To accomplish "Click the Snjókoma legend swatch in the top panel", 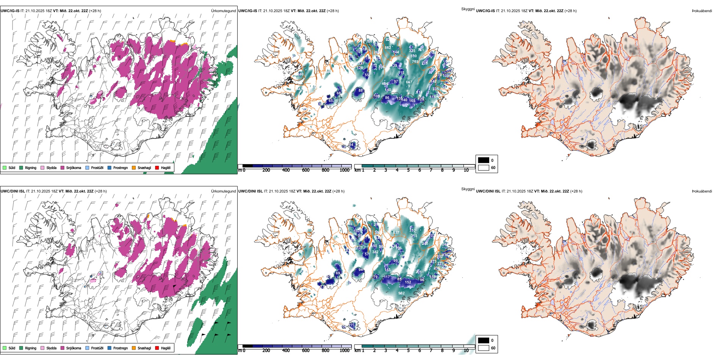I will (63, 167).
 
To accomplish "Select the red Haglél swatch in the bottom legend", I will (157, 348).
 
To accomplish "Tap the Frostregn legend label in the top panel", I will (121, 167).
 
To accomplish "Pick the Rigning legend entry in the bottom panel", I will (31, 348).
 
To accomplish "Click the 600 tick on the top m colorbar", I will (306, 170).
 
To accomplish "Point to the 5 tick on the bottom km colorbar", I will (409, 351).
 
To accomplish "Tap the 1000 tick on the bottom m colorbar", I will (344, 351).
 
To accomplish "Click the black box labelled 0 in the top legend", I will (484, 160).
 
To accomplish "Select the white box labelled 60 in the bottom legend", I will (484, 348).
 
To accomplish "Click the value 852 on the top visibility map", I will (388, 48).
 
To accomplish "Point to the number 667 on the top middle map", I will (409, 82).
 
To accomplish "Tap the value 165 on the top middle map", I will (412, 100).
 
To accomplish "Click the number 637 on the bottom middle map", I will (396, 233).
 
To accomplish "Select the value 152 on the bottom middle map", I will (408, 282).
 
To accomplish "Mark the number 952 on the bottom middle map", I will (401, 293).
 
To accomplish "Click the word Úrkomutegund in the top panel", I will (223, 11).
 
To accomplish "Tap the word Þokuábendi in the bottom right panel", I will (702, 191).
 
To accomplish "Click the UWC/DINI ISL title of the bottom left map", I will (13, 191).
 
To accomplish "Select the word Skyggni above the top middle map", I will (468, 9).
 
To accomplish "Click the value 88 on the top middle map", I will (360, 91).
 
